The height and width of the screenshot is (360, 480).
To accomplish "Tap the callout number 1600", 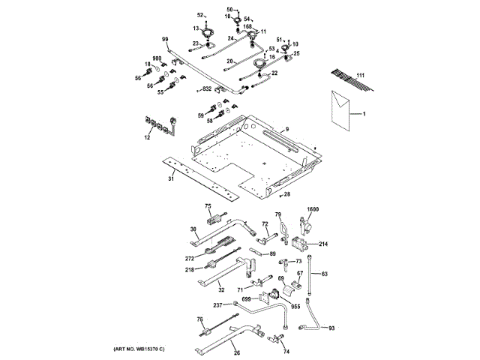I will [313, 209].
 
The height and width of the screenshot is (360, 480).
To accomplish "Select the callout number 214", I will [323, 244].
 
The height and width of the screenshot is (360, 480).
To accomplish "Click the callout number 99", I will [165, 38].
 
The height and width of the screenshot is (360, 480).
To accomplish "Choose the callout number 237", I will [218, 305].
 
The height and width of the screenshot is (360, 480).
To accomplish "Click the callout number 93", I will [333, 328].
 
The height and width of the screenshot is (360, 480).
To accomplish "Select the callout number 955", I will [295, 306].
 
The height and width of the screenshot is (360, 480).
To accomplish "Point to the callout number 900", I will [157, 58].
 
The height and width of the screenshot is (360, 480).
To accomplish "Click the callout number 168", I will [247, 26].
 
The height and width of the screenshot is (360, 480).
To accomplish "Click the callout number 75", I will [208, 206].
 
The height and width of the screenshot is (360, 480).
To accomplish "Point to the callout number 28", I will [286, 195].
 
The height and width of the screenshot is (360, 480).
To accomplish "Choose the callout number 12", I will [147, 137].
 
